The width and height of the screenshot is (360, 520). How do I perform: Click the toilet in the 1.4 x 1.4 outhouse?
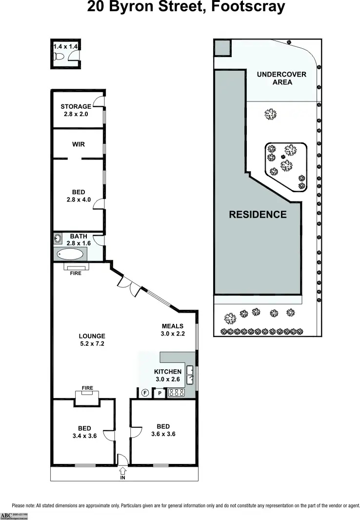[x=59, y=57]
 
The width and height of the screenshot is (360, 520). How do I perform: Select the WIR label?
[x=78, y=144]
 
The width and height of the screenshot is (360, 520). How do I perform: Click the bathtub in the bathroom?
[x=71, y=254]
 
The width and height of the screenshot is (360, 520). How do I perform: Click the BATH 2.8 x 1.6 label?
[x=79, y=240]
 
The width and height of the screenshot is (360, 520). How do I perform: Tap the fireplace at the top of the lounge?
[x=76, y=267]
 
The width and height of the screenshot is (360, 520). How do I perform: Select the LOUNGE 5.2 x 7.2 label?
[x=92, y=340]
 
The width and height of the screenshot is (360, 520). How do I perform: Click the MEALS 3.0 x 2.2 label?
[x=172, y=330]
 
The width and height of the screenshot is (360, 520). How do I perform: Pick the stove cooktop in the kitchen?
[x=176, y=392]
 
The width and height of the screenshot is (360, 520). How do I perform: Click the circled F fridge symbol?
[x=145, y=393]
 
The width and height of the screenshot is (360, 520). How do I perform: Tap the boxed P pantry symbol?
[x=159, y=393]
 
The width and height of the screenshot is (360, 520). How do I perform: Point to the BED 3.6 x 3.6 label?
[x=163, y=430]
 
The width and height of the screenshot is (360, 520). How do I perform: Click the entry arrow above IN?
[x=122, y=471]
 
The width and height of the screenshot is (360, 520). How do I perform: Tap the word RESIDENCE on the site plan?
[x=258, y=214]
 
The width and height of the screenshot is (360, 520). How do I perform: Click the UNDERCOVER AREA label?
[x=281, y=78]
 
